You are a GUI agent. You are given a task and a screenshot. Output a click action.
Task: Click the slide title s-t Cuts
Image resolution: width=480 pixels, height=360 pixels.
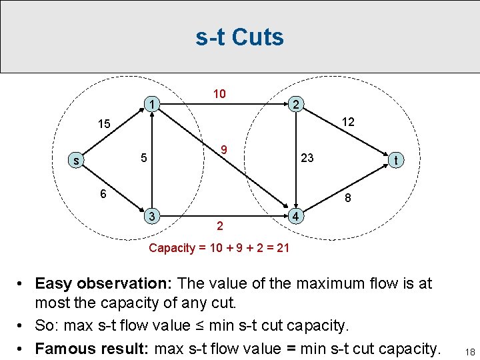click(x=239, y=37)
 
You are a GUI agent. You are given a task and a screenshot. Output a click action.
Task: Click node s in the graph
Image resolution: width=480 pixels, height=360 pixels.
click(x=77, y=161)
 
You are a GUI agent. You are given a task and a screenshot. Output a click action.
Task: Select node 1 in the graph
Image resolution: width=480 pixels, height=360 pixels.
click(x=153, y=104)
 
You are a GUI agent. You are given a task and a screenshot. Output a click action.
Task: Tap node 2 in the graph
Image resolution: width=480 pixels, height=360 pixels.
click(x=297, y=104)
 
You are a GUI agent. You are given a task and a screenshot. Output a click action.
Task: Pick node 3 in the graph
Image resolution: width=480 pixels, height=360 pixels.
click(x=153, y=216)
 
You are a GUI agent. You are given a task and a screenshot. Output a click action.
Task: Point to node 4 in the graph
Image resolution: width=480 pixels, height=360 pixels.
click(x=297, y=216)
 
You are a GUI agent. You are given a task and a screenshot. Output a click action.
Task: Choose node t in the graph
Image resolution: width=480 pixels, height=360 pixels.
click(x=397, y=161)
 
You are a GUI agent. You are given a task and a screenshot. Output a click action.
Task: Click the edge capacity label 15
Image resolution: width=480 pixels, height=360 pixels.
click(x=104, y=124)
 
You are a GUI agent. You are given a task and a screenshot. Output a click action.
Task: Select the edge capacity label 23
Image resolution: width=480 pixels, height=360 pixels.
click(x=307, y=159)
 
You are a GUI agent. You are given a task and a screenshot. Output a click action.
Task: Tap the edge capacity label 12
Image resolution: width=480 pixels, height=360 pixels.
click(x=347, y=122)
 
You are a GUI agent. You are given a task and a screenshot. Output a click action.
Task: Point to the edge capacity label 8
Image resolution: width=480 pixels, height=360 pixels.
click(x=347, y=198)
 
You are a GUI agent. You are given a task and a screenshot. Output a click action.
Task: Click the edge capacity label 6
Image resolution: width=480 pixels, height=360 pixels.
click(x=101, y=193)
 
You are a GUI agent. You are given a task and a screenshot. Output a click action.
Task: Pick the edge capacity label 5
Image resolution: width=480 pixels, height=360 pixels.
click(x=143, y=159)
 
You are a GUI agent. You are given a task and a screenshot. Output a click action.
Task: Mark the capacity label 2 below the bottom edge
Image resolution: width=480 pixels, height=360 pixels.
click(x=219, y=227)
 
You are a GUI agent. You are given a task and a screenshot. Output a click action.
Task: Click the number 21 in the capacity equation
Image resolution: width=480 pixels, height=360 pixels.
click(x=283, y=248)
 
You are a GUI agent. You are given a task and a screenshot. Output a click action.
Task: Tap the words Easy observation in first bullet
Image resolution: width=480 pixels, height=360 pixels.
click(x=105, y=283)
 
